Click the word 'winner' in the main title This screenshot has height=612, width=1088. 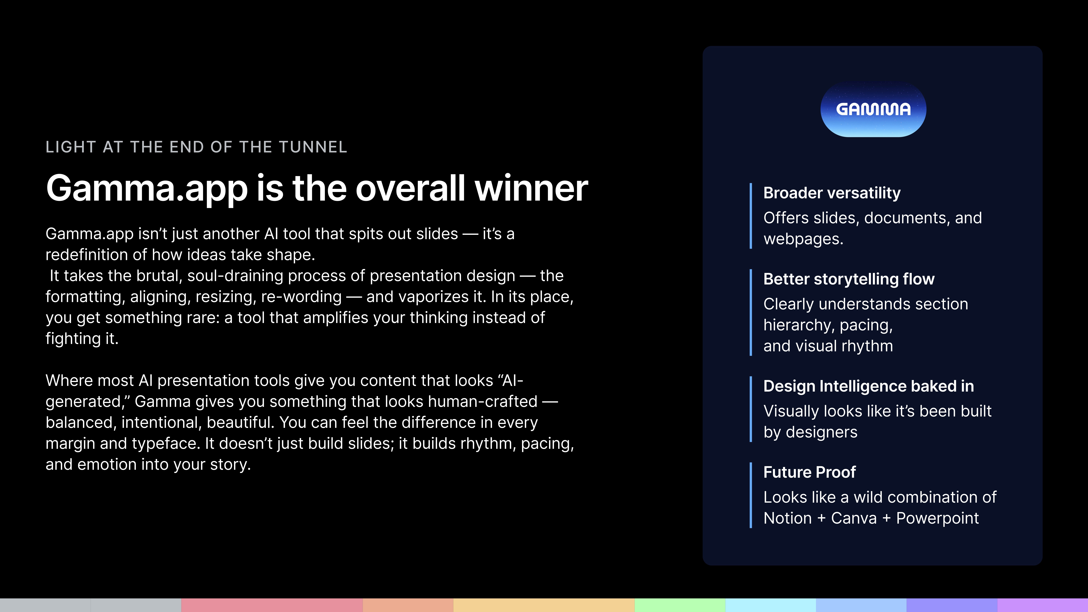(x=531, y=188)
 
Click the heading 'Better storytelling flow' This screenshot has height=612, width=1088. (x=849, y=279)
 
